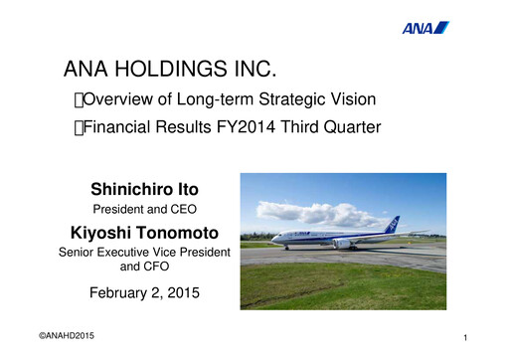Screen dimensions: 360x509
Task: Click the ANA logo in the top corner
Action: click(x=424, y=27)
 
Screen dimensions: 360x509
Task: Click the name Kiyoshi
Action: click(x=100, y=233)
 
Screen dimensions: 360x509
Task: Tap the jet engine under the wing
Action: click(x=341, y=243)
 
